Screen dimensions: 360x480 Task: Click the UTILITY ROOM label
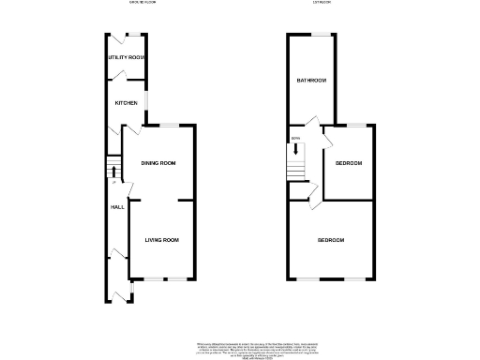[x=126, y=58]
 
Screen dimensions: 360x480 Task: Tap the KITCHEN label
[x=127, y=103]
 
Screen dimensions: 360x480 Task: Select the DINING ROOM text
[x=158, y=164]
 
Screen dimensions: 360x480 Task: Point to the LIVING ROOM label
[x=161, y=240]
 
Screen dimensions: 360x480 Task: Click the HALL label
[x=117, y=207]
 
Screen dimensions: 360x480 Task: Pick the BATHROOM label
[x=312, y=81]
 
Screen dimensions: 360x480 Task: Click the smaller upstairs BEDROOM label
[x=349, y=163]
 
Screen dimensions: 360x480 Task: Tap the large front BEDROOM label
[x=331, y=241]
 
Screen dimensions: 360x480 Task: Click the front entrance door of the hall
[x=119, y=296]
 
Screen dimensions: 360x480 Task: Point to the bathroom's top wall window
[x=323, y=35]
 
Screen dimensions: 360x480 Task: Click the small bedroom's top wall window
[x=356, y=125]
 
